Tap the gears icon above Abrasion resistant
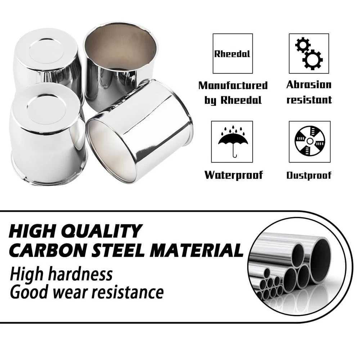click(309, 54)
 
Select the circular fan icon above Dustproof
click(310, 141)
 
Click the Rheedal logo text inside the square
click(232, 54)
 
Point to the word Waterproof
click(234, 175)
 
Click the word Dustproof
click(309, 175)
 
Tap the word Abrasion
click(309, 85)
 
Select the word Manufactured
click(233, 85)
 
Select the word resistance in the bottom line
click(128, 292)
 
